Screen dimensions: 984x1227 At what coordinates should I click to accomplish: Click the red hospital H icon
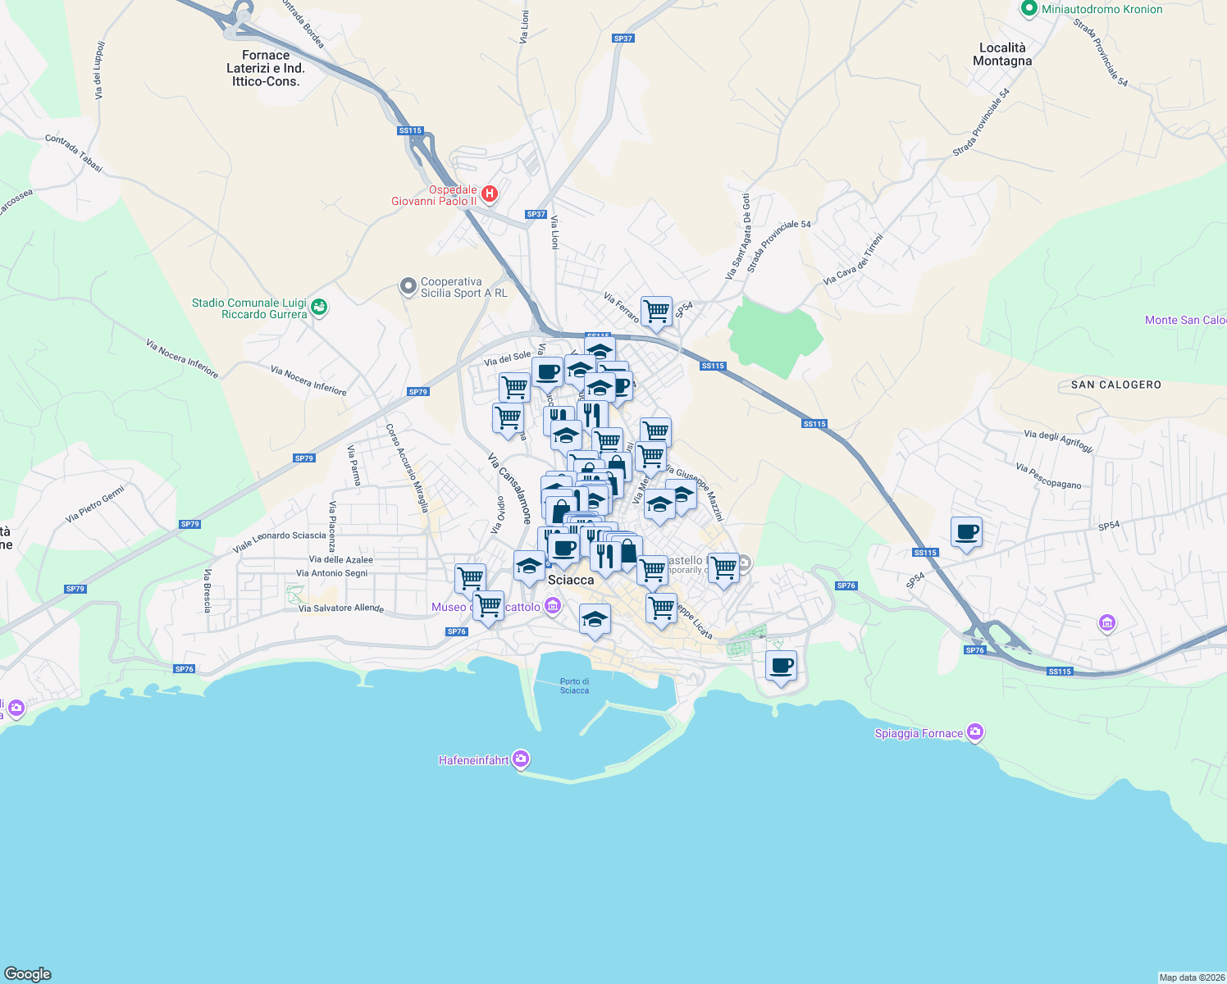click(x=489, y=194)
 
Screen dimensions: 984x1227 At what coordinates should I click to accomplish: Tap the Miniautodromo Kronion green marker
click(x=1029, y=9)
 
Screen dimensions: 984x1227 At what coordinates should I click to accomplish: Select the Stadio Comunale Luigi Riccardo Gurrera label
click(x=249, y=308)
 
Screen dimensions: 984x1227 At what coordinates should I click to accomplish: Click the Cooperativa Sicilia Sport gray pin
click(x=408, y=287)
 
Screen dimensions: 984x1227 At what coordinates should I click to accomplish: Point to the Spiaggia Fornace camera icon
click(x=974, y=731)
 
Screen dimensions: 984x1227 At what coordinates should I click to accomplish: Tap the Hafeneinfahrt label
click(x=474, y=760)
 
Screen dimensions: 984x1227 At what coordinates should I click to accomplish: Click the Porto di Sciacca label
click(x=574, y=686)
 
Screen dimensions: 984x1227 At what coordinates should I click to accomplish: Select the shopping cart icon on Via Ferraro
click(x=656, y=312)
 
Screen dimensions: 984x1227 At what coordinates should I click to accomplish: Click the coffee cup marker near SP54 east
click(x=967, y=532)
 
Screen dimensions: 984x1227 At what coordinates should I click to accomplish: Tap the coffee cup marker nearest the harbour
click(x=781, y=666)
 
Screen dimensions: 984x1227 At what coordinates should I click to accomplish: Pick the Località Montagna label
click(x=1001, y=54)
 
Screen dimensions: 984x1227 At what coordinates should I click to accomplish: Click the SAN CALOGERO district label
click(x=1115, y=385)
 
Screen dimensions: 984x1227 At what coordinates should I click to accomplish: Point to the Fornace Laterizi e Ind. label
click(x=266, y=68)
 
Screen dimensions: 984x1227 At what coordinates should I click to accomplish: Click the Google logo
click(x=28, y=973)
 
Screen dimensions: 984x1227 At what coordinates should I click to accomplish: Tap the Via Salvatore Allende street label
click(x=340, y=608)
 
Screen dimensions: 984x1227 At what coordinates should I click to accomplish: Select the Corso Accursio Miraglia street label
click(x=408, y=468)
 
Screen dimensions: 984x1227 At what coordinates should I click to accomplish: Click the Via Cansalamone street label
click(x=509, y=489)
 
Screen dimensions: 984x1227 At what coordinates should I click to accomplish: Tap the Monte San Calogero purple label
click(x=1185, y=320)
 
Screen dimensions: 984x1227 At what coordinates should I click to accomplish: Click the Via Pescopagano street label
click(x=1048, y=476)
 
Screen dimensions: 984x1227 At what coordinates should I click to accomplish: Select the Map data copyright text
click(x=1191, y=977)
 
